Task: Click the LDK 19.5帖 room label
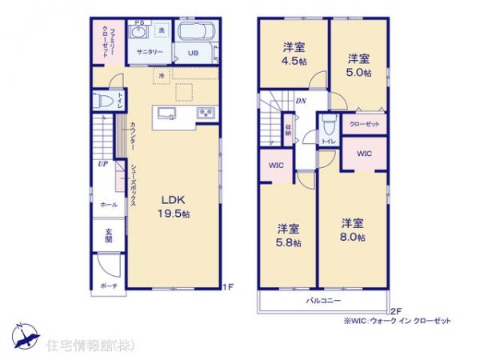click(174, 206)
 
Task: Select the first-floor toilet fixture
click(102, 102)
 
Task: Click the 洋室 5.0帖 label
click(358, 65)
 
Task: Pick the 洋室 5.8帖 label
click(288, 234)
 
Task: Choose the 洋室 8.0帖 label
click(352, 230)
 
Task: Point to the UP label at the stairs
click(103, 165)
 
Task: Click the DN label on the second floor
click(300, 101)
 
